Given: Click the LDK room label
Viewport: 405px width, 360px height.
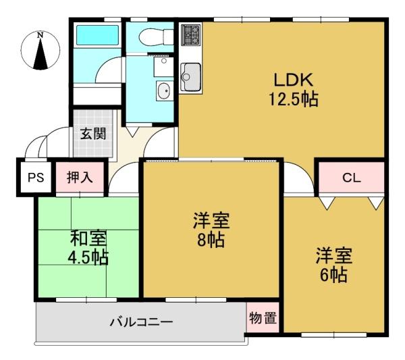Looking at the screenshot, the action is coord(294,80).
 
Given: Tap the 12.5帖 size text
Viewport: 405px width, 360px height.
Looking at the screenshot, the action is coord(294,99).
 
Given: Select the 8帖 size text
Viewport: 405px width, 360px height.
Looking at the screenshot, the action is coord(211,240).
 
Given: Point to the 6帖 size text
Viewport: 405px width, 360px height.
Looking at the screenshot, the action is coord(333,275).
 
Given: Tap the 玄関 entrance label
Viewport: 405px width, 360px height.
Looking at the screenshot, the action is coord(93,134).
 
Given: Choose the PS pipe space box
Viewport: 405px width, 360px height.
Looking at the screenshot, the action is coord(36,178).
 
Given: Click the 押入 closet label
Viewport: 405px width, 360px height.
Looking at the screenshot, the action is coord(80,178).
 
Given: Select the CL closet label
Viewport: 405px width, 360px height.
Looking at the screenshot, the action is coord(351,178).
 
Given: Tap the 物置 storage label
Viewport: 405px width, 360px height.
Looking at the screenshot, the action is coord(263,318).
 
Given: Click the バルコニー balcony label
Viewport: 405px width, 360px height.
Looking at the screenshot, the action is coord(142,322).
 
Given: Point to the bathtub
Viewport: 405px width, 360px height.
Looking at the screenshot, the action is coord(97,35).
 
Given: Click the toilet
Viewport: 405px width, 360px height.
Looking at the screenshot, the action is coord(156,37).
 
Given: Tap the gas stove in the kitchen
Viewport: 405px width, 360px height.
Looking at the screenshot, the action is coord(191,34).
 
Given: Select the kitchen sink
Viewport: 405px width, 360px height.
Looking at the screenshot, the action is coord(191,77).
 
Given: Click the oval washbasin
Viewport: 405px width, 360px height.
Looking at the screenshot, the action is coord(164,91).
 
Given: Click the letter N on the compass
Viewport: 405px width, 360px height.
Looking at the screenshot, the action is coord(40,35).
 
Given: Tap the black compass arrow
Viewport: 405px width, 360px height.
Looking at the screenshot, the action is coord(40,54).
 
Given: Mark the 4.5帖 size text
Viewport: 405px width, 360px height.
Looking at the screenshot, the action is coord(88,257).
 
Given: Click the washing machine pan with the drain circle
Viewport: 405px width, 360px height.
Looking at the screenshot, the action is coord(164,67).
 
